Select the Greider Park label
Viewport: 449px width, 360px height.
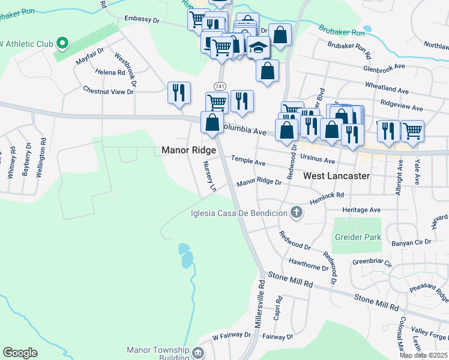(358, 237)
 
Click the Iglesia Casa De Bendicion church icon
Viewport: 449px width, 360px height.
(295, 212)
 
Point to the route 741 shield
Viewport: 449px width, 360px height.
(220, 87)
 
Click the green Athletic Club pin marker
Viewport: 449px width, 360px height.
(62, 43)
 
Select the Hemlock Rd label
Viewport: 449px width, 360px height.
(327, 195)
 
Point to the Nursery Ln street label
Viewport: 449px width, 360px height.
(209, 176)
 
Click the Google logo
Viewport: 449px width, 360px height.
(20, 353)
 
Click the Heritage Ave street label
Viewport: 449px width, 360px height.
(361, 210)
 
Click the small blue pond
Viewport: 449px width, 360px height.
(186, 257)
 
